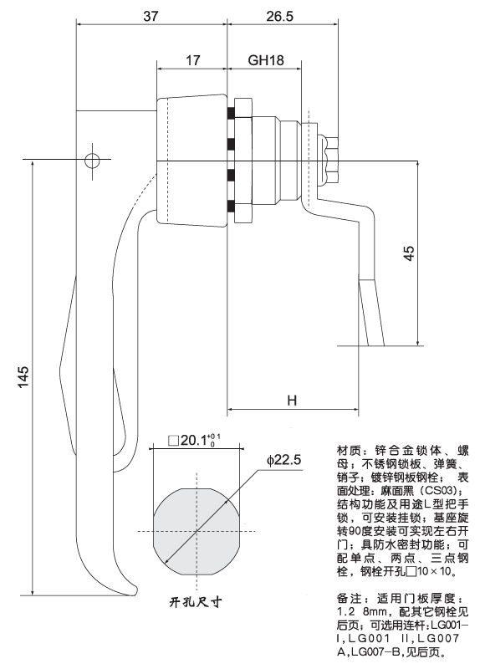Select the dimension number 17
191,61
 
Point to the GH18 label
263,61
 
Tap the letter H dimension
292,401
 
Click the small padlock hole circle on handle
92,159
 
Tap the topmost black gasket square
227,113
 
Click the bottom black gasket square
227,206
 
